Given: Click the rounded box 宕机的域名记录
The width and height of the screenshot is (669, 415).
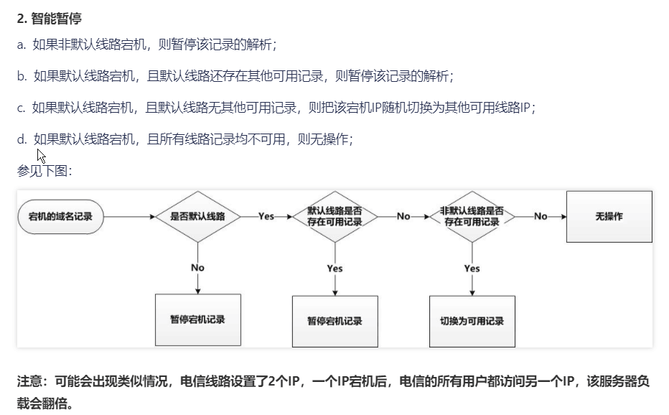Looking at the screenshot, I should click(x=60, y=216).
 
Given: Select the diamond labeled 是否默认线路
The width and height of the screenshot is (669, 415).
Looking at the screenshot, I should click(x=197, y=216).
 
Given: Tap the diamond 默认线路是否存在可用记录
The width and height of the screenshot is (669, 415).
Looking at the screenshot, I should click(x=334, y=216).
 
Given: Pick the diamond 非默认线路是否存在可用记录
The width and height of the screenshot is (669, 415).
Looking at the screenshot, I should click(x=472, y=216).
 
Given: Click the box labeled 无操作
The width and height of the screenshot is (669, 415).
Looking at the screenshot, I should click(x=609, y=216).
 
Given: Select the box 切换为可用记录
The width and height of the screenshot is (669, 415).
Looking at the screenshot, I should click(x=472, y=321).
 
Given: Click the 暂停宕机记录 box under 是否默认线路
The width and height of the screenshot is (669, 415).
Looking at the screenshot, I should click(x=197, y=319).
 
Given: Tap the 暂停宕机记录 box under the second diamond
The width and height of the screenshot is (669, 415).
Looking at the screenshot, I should click(x=334, y=321).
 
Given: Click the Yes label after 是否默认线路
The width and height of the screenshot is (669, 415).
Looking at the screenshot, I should click(x=266, y=216).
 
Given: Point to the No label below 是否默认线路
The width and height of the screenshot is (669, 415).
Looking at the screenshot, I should click(x=197, y=267).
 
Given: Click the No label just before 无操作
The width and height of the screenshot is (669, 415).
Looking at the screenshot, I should click(x=541, y=216).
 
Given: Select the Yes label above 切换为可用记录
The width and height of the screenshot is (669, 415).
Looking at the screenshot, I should click(x=472, y=268).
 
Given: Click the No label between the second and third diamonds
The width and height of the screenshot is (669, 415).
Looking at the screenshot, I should click(x=403, y=216).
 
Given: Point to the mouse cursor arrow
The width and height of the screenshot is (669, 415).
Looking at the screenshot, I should click(x=40, y=155).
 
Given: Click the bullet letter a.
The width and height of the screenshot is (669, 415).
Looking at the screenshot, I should click(x=21, y=45).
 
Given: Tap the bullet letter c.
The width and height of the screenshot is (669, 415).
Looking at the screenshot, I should click(x=21, y=108).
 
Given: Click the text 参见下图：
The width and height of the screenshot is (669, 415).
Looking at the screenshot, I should click(x=45, y=171).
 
